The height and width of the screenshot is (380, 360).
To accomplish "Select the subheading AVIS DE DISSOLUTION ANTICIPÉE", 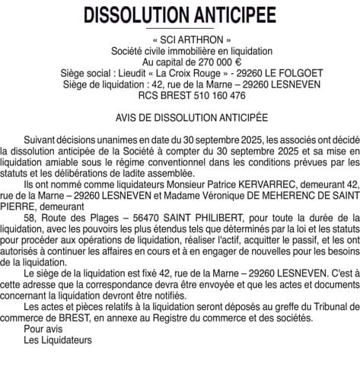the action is [x=180, y=119].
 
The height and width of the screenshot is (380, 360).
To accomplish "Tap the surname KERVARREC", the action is [x=266, y=184].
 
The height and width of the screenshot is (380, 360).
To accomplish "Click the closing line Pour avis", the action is [x=39, y=329].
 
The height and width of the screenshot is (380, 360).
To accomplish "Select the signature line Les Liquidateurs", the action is [x=57, y=340].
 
